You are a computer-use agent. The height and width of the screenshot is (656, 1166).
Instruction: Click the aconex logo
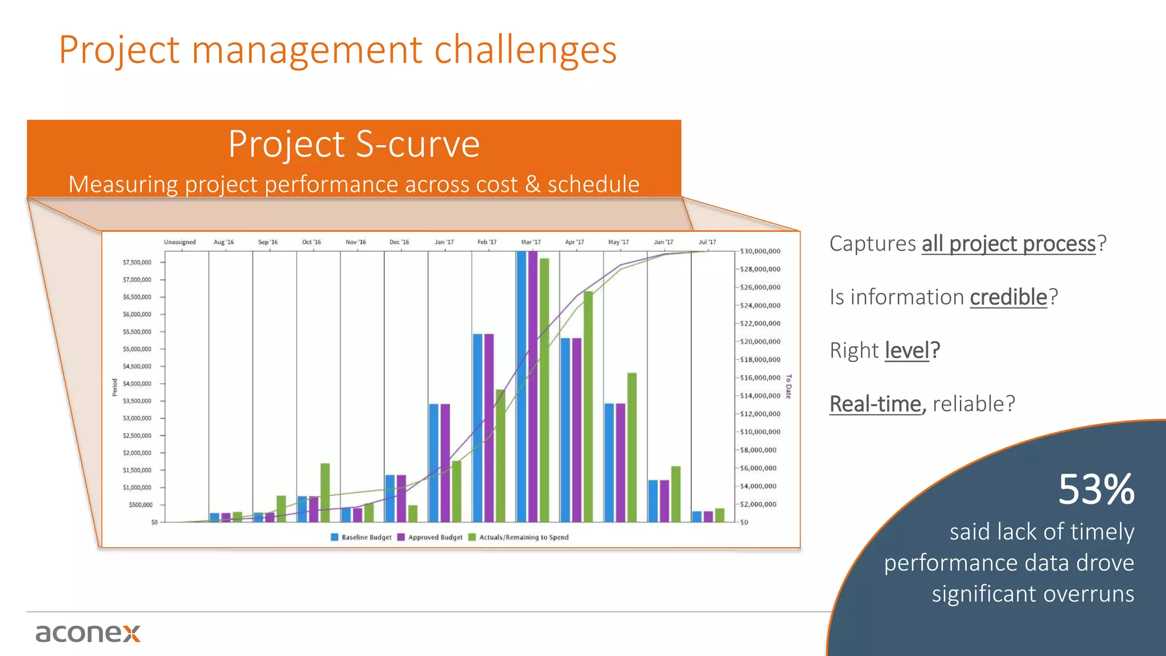[x=88, y=633]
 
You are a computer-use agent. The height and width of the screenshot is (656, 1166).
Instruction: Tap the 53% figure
[x=1096, y=490]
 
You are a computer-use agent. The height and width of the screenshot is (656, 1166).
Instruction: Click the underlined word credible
[x=1008, y=297]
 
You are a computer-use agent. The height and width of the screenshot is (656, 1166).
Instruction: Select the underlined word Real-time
[x=875, y=404]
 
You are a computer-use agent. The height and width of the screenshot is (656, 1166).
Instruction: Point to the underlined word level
[x=907, y=350]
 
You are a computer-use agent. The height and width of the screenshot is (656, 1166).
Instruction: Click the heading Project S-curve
[x=354, y=143]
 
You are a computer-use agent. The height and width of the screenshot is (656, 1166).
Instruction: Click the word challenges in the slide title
[x=525, y=50]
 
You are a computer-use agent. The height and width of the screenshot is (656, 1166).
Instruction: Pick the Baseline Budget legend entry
[x=362, y=537]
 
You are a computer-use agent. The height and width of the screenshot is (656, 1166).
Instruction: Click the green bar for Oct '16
[x=325, y=493]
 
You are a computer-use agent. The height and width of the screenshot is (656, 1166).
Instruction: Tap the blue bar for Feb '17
[x=478, y=427]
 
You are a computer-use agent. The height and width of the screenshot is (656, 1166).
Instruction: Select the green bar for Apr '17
[x=588, y=407]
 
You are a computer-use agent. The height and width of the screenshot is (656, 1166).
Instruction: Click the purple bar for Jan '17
[x=445, y=462]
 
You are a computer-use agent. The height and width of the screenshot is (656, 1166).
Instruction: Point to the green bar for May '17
[x=632, y=447]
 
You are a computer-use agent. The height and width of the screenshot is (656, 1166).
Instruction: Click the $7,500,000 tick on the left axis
[x=137, y=263]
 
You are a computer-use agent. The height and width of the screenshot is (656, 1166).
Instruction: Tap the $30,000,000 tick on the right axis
[x=760, y=251]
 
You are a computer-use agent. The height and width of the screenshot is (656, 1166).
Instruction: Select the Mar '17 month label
[x=531, y=242]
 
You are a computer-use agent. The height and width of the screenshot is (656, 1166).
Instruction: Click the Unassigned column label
[x=180, y=242]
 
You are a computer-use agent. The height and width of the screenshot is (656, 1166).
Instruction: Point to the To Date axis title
[x=789, y=387]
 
